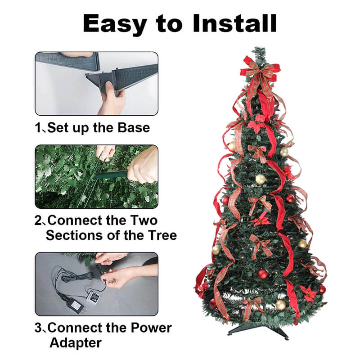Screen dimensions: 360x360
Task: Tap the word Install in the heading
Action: click(x=234, y=23)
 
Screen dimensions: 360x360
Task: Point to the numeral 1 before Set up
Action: click(x=38, y=128)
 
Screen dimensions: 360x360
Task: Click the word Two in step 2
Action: click(x=144, y=220)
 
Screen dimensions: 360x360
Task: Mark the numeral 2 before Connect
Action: click(x=38, y=220)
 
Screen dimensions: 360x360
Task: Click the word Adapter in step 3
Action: click(x=76, y=343)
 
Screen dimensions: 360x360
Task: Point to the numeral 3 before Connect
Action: click(x=38, y=328)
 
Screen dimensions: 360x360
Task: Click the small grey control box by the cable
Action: click(x=93, y=298)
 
